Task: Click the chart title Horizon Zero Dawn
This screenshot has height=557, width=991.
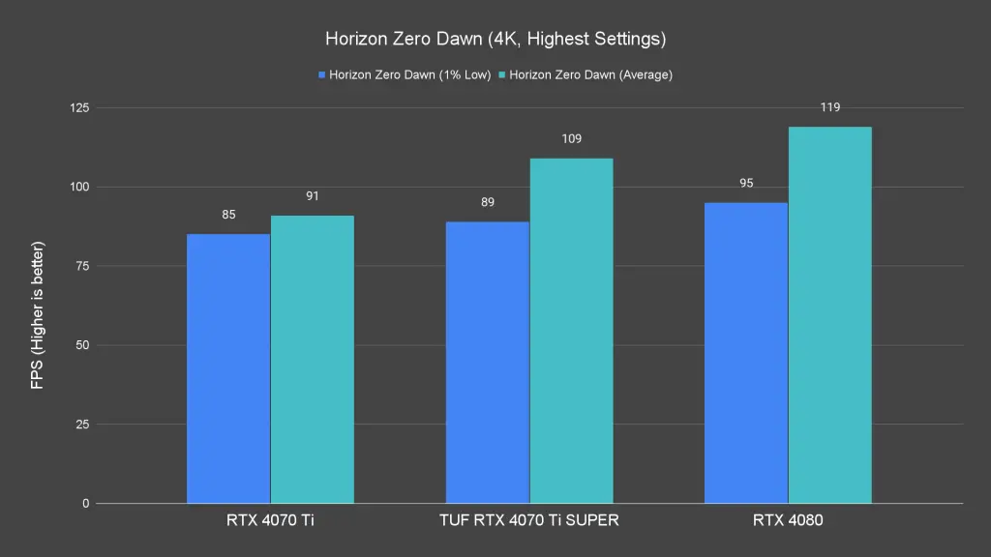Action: tap(495, 40)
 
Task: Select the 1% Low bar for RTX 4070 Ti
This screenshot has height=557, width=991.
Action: tap(228, 368)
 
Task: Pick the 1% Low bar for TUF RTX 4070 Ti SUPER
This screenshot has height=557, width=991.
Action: tap(487, 363)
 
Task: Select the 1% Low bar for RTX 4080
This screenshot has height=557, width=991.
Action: tap(746, 353)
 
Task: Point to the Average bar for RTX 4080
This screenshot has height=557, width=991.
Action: tap(830, 315)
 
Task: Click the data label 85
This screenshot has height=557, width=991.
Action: tap(228, 215)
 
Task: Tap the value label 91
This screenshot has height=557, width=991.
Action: tap(313, 196)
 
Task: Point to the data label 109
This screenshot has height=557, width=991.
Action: tap(571, 139)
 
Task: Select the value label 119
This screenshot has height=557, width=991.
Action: tap(830, 107)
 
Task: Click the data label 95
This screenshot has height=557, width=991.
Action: tap(746, 183)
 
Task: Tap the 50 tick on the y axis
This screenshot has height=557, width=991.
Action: tap(82, 345)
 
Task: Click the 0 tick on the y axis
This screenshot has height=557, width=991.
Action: tap(85, 504)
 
